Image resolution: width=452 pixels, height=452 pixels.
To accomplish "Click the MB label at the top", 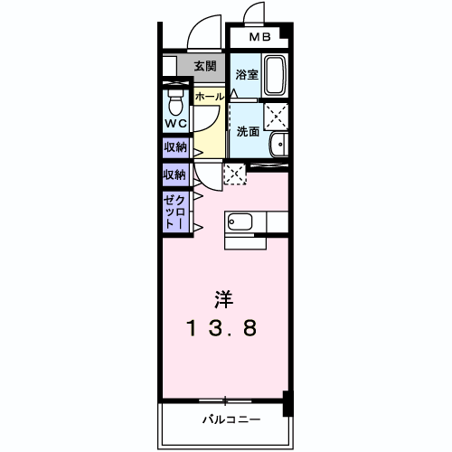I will tap(259, 38).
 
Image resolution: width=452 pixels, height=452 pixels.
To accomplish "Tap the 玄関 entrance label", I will tap(204, 66).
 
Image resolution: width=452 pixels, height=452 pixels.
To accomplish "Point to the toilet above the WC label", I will tap(175, 99).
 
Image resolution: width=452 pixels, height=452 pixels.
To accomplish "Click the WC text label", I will tap(175, 124).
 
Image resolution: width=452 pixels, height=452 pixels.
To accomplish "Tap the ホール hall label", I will tap(209, 95).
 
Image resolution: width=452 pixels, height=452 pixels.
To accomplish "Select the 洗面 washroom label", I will tap(247, 131).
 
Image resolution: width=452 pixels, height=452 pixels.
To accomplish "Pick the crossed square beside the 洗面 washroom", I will tap(276, 116).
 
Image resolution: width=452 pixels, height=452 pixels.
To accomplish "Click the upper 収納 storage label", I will tap(174, 146).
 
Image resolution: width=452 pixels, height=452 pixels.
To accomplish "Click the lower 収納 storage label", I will tap(174, 174).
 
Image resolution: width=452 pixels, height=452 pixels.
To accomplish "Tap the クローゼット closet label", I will tap(175, 212).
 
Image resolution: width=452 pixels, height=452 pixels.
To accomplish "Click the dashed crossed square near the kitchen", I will tap(233, 174).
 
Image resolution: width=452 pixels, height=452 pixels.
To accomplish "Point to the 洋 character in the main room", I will tap(222, 297).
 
